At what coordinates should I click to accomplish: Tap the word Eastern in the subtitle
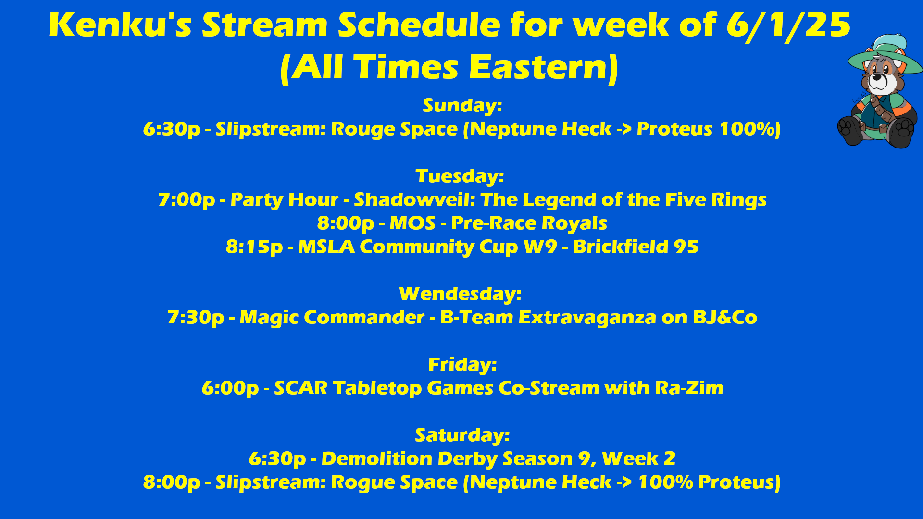pos(543,67)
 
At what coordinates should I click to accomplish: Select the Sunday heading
pos(462,106)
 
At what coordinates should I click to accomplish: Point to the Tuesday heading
pos(460,176)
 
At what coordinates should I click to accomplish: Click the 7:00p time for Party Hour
pos(187,200)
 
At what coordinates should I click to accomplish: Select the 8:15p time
pos(254,247)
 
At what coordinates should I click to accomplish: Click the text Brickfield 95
pos(636,247)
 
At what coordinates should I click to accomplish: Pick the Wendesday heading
pos(460,294)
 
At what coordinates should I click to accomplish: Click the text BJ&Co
pos(725,318)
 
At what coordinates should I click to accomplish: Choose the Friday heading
pos(462,365)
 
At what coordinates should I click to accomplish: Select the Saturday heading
pos(462,435)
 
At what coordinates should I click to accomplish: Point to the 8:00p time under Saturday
pos(172,482)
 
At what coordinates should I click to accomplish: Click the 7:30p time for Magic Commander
pos(196,318)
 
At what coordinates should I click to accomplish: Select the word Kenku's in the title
pos(120,25)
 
